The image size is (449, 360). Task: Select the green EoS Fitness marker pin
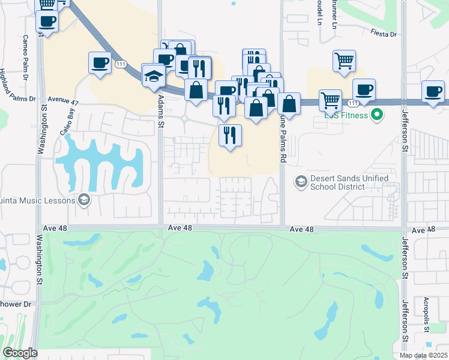pos(377,114)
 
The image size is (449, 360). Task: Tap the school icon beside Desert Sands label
pos(300,181)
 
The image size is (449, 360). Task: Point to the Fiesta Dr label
pos(384,34)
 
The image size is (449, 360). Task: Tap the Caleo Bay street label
pos(67,114)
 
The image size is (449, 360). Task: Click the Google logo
pos(20,353)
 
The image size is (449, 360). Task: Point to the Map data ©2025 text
pos(423,355)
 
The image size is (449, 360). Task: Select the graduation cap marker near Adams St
pos(154,75)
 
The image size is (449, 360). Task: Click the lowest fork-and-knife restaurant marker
pos(230,135)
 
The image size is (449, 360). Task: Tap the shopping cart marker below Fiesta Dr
pos(345,61)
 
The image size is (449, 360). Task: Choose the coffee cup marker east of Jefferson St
pos(433,91)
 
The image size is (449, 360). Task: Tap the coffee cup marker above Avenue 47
pos(101,62)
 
